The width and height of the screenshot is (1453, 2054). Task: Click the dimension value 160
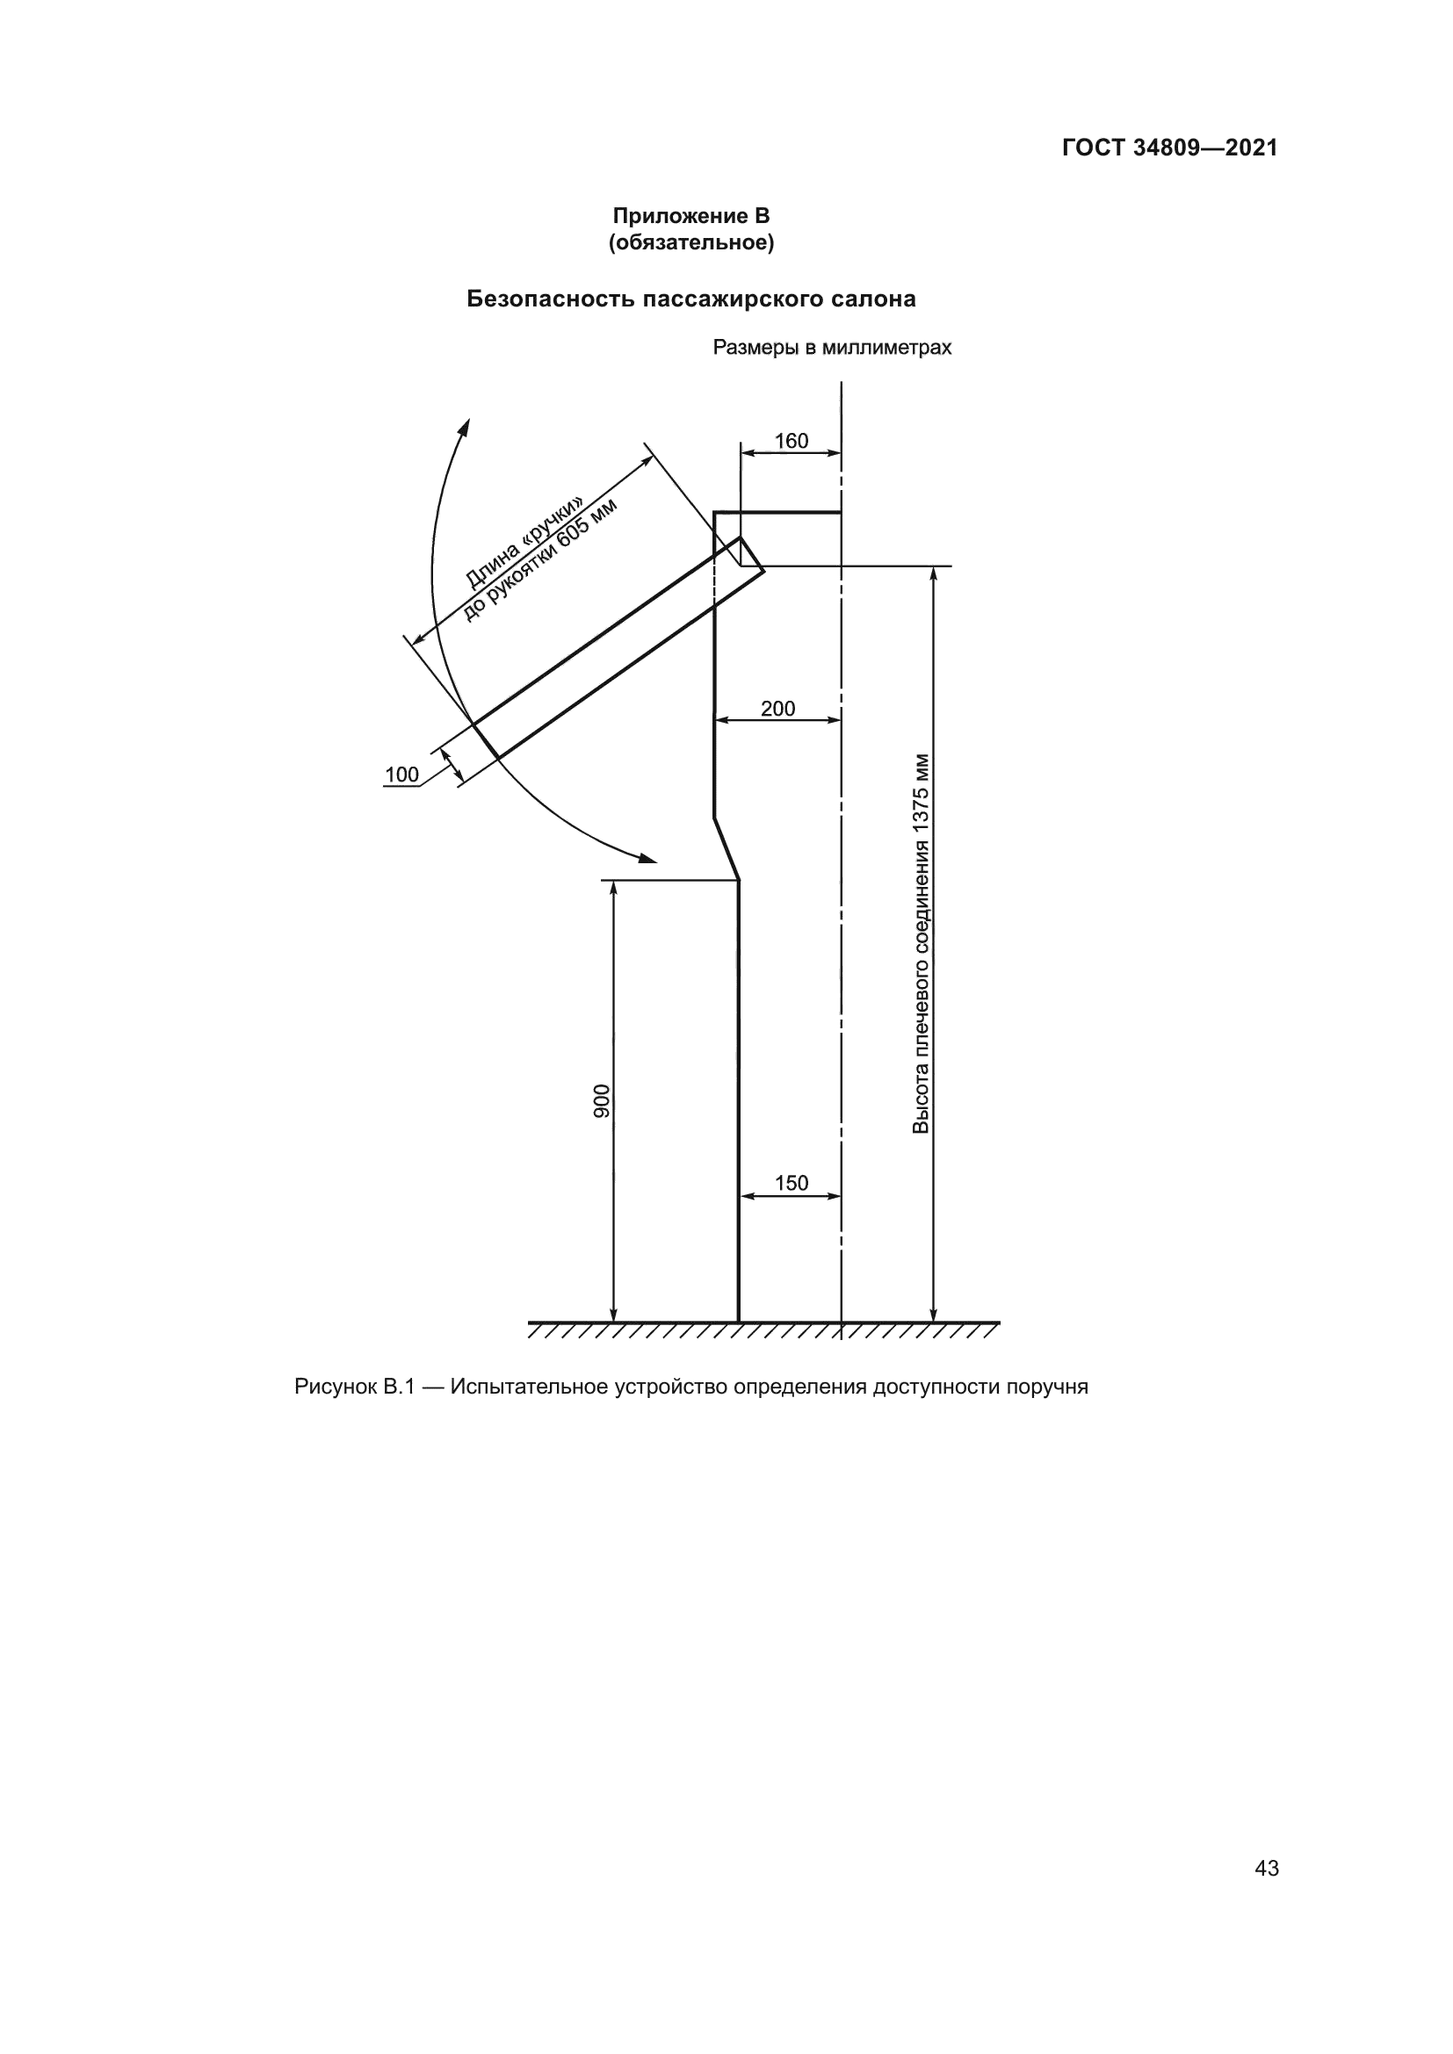point(791,441)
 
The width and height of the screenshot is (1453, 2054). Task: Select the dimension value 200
point(777,709)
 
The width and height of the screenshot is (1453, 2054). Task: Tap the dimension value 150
point(791,1184)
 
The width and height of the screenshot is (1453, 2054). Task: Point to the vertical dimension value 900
point(602,1100)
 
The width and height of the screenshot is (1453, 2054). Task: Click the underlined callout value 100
point(401,775)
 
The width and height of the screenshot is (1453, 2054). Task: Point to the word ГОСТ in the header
point(1094,148)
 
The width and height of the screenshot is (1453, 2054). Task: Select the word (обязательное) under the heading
point(690,242)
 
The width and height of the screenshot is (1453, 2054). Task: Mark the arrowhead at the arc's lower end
point(647,859)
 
